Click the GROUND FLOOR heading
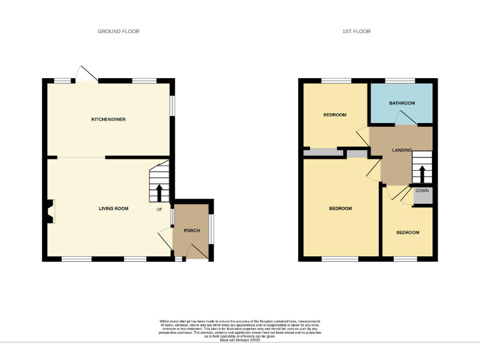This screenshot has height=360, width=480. pos(118,31)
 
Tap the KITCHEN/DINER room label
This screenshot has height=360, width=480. pos(109,119)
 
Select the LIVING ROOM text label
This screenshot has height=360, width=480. pos(114,208)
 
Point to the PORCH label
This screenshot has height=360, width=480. pos(192,231)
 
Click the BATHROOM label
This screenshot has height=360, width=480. pos(402,103)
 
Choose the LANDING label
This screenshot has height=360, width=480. pos(402,151)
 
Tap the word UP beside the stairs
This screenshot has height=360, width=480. pos(160,209)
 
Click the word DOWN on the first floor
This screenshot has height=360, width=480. pos(422,190)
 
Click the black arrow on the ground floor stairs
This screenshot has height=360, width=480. pos(159,191)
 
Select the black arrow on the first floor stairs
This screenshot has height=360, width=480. pos(422,172)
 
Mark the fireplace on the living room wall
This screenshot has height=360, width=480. pos(50,211)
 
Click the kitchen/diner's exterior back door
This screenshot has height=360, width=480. pos(86,73)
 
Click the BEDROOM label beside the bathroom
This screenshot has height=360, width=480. pos(335,115)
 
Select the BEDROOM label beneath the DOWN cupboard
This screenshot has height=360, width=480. pos(407,232)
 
